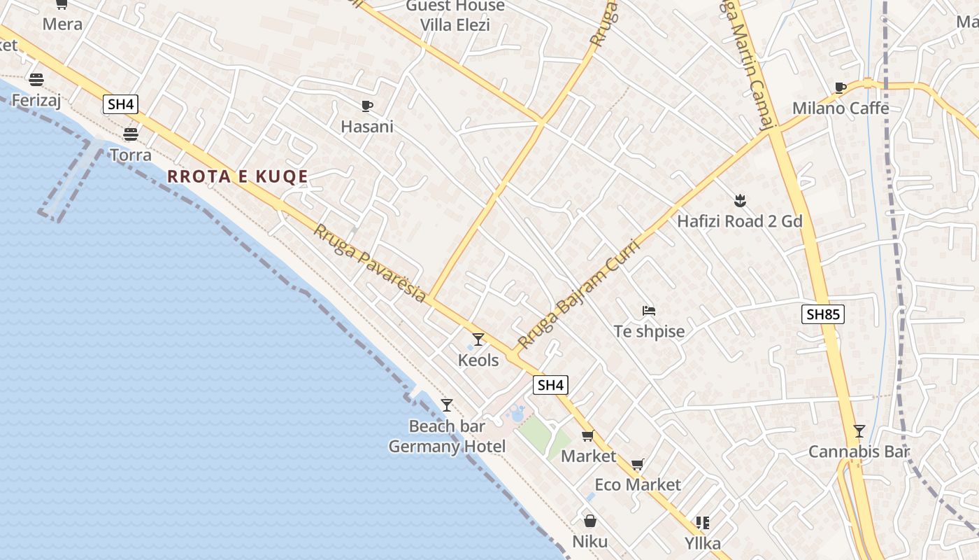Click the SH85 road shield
point(822,314)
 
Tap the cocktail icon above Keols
point(478,339)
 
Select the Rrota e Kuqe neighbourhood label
point(238,176)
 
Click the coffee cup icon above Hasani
point(366,106)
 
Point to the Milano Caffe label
point(841,108)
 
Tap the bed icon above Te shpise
point(649,310)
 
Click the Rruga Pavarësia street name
point(369,263)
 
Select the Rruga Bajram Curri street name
point(579,294)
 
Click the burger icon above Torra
point(131,134)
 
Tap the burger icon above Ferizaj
point(36,80)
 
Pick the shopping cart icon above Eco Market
point(637,464)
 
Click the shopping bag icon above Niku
point(589,521)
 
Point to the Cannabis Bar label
point(859,451)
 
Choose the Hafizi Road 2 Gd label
point(739,222)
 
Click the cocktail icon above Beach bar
point(447,405)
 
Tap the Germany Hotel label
point(447,447)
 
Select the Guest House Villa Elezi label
point(455,15)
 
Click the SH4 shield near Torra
point(120,105)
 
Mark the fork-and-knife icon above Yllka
point(703,522)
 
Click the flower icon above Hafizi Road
point(739,202)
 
